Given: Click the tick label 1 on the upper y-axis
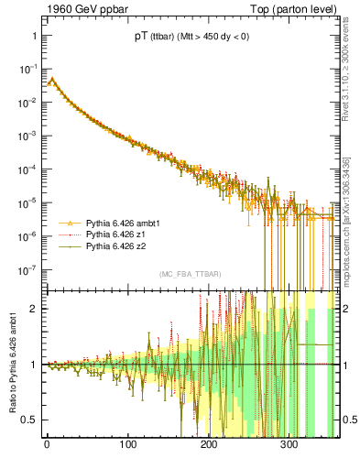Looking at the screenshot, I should pyautogui.click(x=32, y=36).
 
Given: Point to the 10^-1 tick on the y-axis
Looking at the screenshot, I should pyautogui.click(x=27, y=69).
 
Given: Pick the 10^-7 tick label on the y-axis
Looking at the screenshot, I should pyautogui.click(x=27, y=269).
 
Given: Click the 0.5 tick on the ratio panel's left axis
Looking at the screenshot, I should pyautogui.click(x=27, y=420).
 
